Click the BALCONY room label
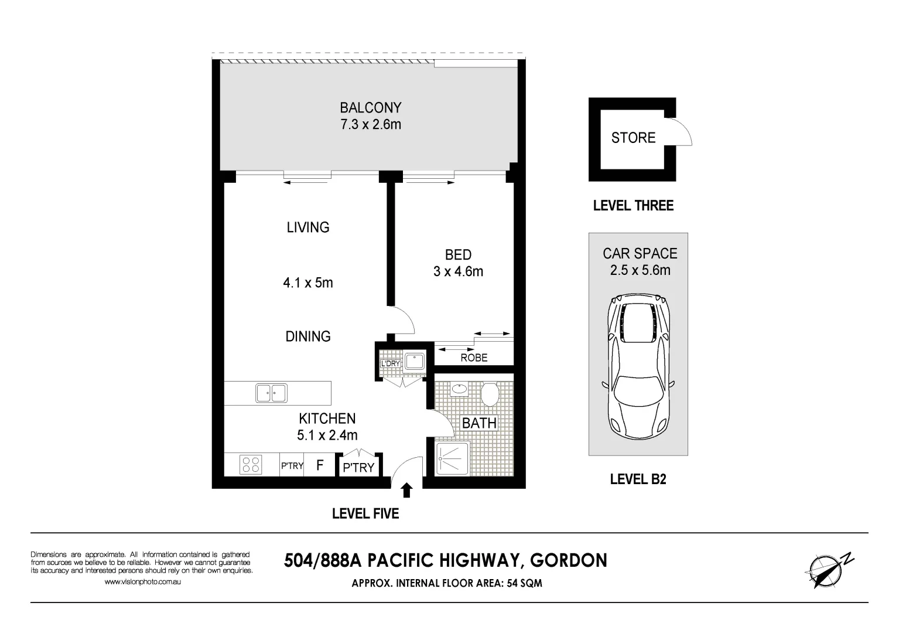pyautogui.click(x=371, y=108)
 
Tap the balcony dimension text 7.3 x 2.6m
pyautogui.click(x=371, y=124)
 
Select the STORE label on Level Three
pyautogui.click(x=633, y=138)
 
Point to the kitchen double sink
pyautogui.click(x=272, y=393)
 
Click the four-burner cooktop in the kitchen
pyautogui.click(x=251, y=465)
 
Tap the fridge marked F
pyautogui.click(x=320, y=465)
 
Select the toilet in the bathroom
pyautogui.click(x=490, y=394)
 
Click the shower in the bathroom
pyautogui.click(x=452, y=458)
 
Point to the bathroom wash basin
pyautogui.click(x=459, y=389)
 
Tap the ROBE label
pyautogui.click(x=474, y=358)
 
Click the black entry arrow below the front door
pyautogui.click(x=407, y=490)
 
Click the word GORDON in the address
pyautogui.click(x=569, y=561)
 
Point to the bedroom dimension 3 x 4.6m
pyautogui.click(x=459, y=271)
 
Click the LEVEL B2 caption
pyautogui.click(x=638, y=479)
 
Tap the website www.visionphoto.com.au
pyautogui.click(x=142, y=581)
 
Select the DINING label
pyautogui.click(x=308, y=336)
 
